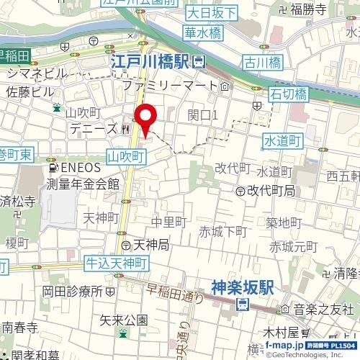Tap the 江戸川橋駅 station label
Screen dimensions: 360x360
coord(153,63)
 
